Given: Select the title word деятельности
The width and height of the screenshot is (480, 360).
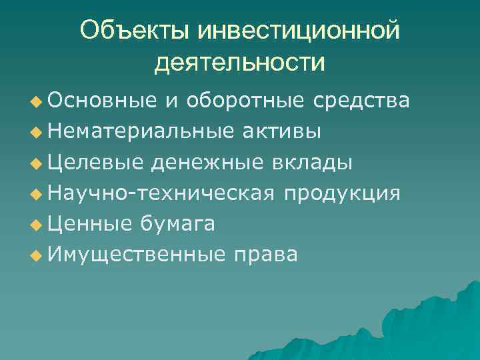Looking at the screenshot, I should click(240, 63).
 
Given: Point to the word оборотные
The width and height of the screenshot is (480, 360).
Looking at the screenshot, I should click(247, 101).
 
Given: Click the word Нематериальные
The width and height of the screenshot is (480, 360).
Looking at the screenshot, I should click(137, 131).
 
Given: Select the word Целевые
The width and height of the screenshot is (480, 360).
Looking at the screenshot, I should click(93, 163).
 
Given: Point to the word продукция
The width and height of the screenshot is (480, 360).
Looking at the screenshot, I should click(342, 193).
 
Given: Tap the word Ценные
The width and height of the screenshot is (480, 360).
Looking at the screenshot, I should click(90, 224).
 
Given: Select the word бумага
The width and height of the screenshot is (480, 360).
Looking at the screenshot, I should click(177, 224).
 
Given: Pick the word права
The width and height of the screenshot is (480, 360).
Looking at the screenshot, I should click(265, 256).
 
